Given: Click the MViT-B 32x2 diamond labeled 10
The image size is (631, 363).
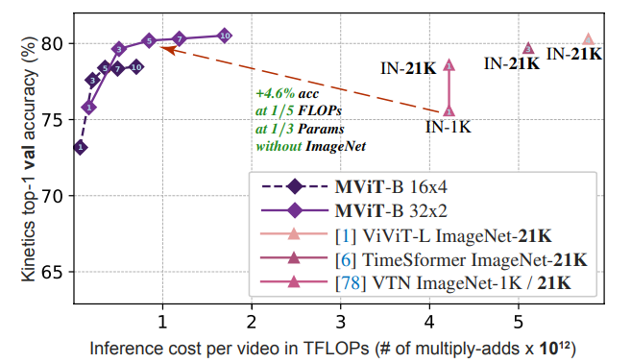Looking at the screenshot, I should (x=224, y=35).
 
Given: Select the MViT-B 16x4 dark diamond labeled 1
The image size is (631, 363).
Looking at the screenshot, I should (x=81, y=147).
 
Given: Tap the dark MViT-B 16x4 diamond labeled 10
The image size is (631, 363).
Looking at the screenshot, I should (x=135, y=67).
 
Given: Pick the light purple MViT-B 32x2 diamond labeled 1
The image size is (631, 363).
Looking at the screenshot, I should (x=88, y=108).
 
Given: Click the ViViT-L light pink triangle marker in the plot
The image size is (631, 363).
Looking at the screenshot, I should (x=589, y=39).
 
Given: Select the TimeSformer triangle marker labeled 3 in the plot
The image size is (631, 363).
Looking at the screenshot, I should (x=527, y=47).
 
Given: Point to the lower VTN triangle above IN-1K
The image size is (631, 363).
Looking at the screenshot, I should (x=449, y=111).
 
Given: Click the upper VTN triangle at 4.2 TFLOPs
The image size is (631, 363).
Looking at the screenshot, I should (x=449, y=64).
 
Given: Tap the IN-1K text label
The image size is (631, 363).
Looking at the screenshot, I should (x=449, y=126).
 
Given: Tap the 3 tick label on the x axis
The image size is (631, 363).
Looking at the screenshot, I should (x=340, y=319).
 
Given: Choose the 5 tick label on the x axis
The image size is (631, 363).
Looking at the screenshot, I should (x=519, y=319).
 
